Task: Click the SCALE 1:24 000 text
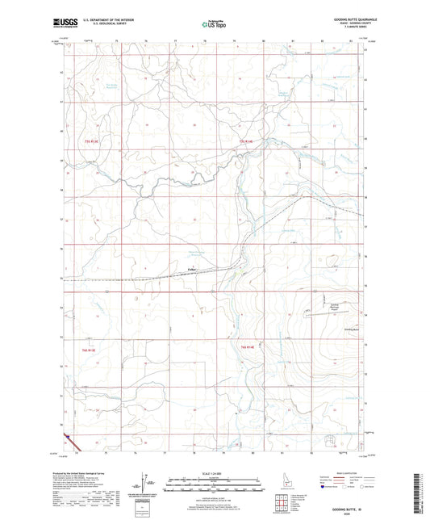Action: tap(214, 473)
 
